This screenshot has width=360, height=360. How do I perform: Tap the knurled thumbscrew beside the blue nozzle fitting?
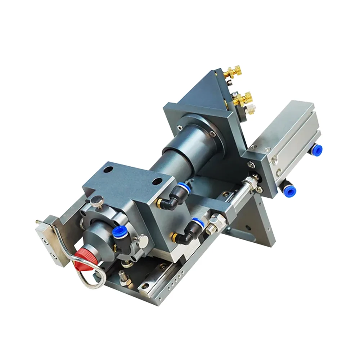click(x=141, y=239)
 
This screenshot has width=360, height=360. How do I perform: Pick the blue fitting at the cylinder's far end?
click(x=317, y=149)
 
